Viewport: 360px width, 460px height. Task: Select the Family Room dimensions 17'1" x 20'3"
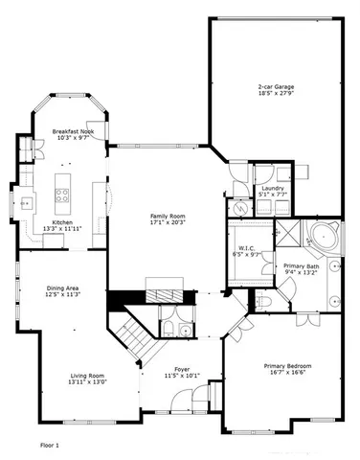[x=167, y=224]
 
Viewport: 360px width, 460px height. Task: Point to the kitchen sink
[x=26, y=202]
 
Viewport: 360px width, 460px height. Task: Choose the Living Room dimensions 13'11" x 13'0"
[x=86, y=381]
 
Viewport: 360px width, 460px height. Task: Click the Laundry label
[x=273, y=189]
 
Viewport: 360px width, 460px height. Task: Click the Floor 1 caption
[x=50, y=445]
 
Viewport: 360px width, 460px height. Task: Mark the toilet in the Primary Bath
[x=267, y=301]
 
